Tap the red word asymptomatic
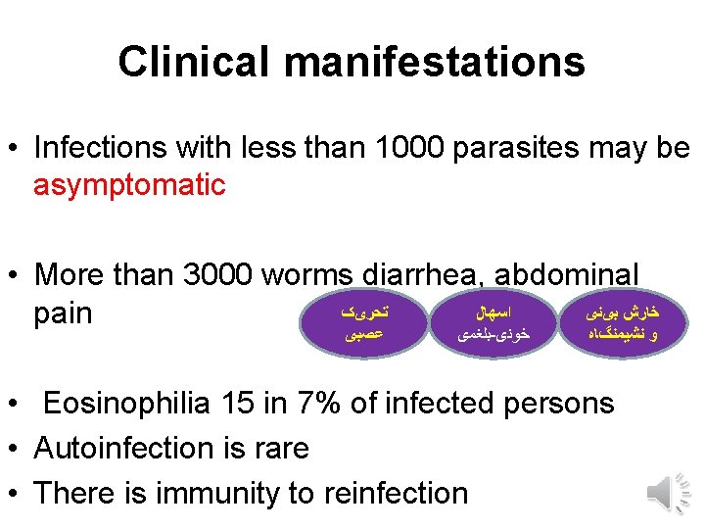pyautogui.click(x=129, y=184)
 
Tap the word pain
pyautogui.click(x=63, y=313)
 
